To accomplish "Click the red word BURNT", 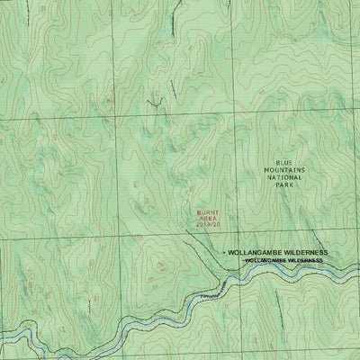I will tap(208, 213).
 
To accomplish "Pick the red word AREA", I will tap(208, 220).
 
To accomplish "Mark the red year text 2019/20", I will tap(208, 228).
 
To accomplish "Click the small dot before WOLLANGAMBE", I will tap(223, 255).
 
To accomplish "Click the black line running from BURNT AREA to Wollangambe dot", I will tap(200, 241).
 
